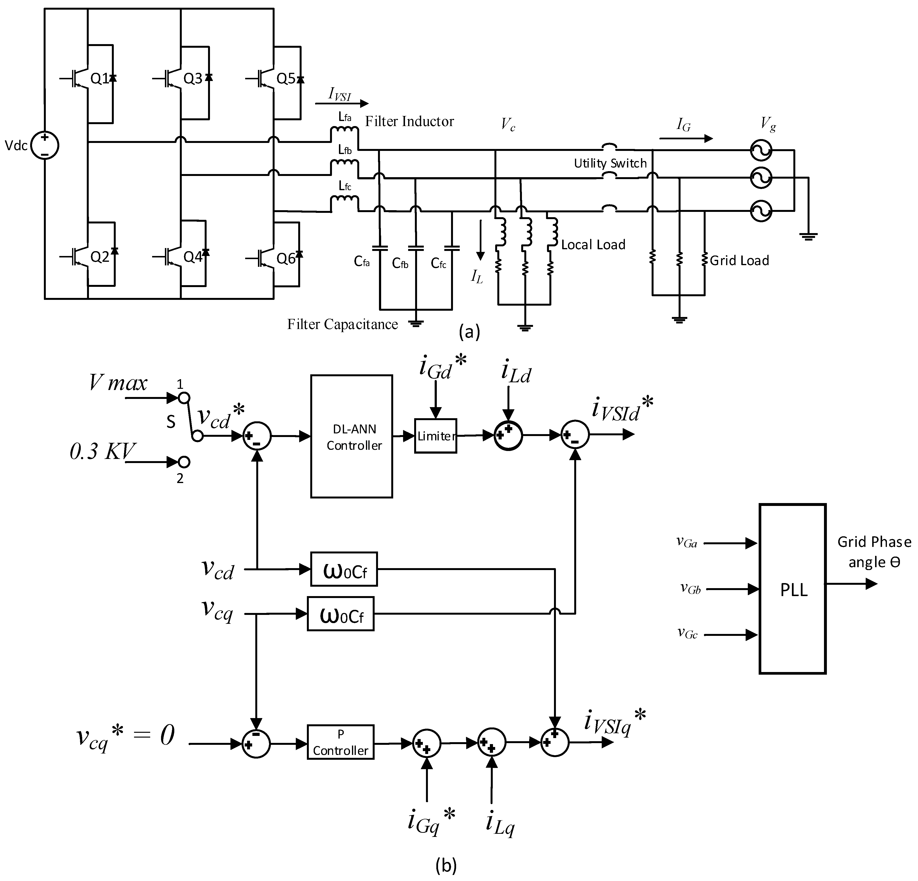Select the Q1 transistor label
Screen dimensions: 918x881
tap(99, 79)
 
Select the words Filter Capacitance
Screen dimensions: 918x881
tap(342, 324)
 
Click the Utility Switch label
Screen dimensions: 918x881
tap(610, 163)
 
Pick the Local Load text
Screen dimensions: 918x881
tap(593, 244)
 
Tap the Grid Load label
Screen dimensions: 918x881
tap(739, 260)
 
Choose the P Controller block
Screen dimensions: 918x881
tap(340, 742)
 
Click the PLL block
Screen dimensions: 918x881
tap(792, 589)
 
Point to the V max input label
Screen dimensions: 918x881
tap(118, 383)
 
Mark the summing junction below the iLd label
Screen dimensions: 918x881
tap(508, 436)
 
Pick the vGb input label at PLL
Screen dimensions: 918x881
tap(690, 588)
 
